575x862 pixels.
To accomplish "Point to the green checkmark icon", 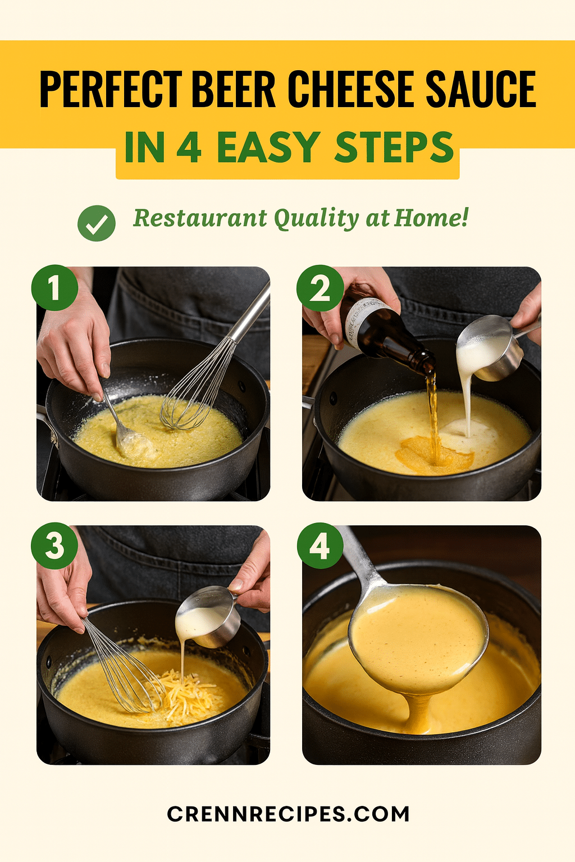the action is click(96, 223).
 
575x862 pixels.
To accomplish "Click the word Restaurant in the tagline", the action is click(200, 218).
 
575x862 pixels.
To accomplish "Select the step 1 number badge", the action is click(54, 288).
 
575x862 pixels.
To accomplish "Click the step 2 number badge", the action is click(320, 288).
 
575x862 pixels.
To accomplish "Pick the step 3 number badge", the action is click(54, 545).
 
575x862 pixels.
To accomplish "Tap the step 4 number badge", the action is click(320, 545).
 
